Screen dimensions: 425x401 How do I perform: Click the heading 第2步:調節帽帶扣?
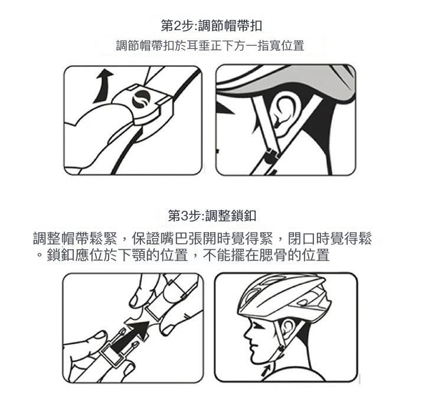click(211, 26)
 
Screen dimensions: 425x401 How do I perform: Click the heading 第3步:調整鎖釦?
click(212, 216)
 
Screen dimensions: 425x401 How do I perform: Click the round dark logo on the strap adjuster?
click(141, 99)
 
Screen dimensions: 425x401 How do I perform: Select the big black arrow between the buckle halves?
click(130, 336)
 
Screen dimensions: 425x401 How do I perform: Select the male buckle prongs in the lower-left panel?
click(125, 342)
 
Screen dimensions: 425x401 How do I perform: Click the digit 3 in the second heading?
click(184, 216)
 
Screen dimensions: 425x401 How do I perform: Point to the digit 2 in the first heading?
click(176, 27)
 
